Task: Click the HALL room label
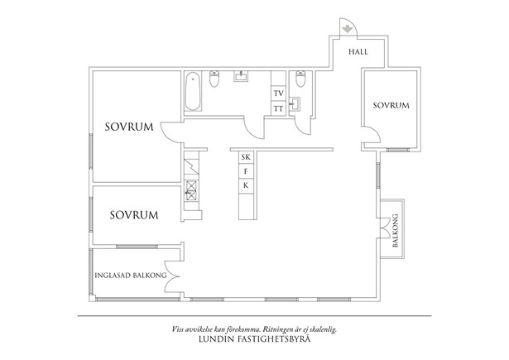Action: tap(358, 51)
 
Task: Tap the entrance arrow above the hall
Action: tap(348, 29)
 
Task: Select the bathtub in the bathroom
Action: tap(193, 92)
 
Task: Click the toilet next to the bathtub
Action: tap(214, 79)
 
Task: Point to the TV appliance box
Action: tap(279, 94)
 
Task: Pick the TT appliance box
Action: tap(279, 108)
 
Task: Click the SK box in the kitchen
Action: tap(246, 157)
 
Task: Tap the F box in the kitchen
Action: tap(246, 171)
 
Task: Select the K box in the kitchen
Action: tap(246, 185)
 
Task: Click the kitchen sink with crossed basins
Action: tap(191, 191)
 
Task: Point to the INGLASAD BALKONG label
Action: tap(131, 276)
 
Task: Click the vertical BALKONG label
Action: tap(395, 230)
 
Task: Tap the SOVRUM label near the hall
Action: tap(391, 105)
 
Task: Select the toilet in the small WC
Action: tap(301, 79)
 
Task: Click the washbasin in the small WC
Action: tap(295, 104)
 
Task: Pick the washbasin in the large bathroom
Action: tap(241, 77)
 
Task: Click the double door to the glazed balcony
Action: tap(172, 276)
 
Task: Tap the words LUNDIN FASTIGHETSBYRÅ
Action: tap(254, 339)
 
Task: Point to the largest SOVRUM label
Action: tap(129, 127)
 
